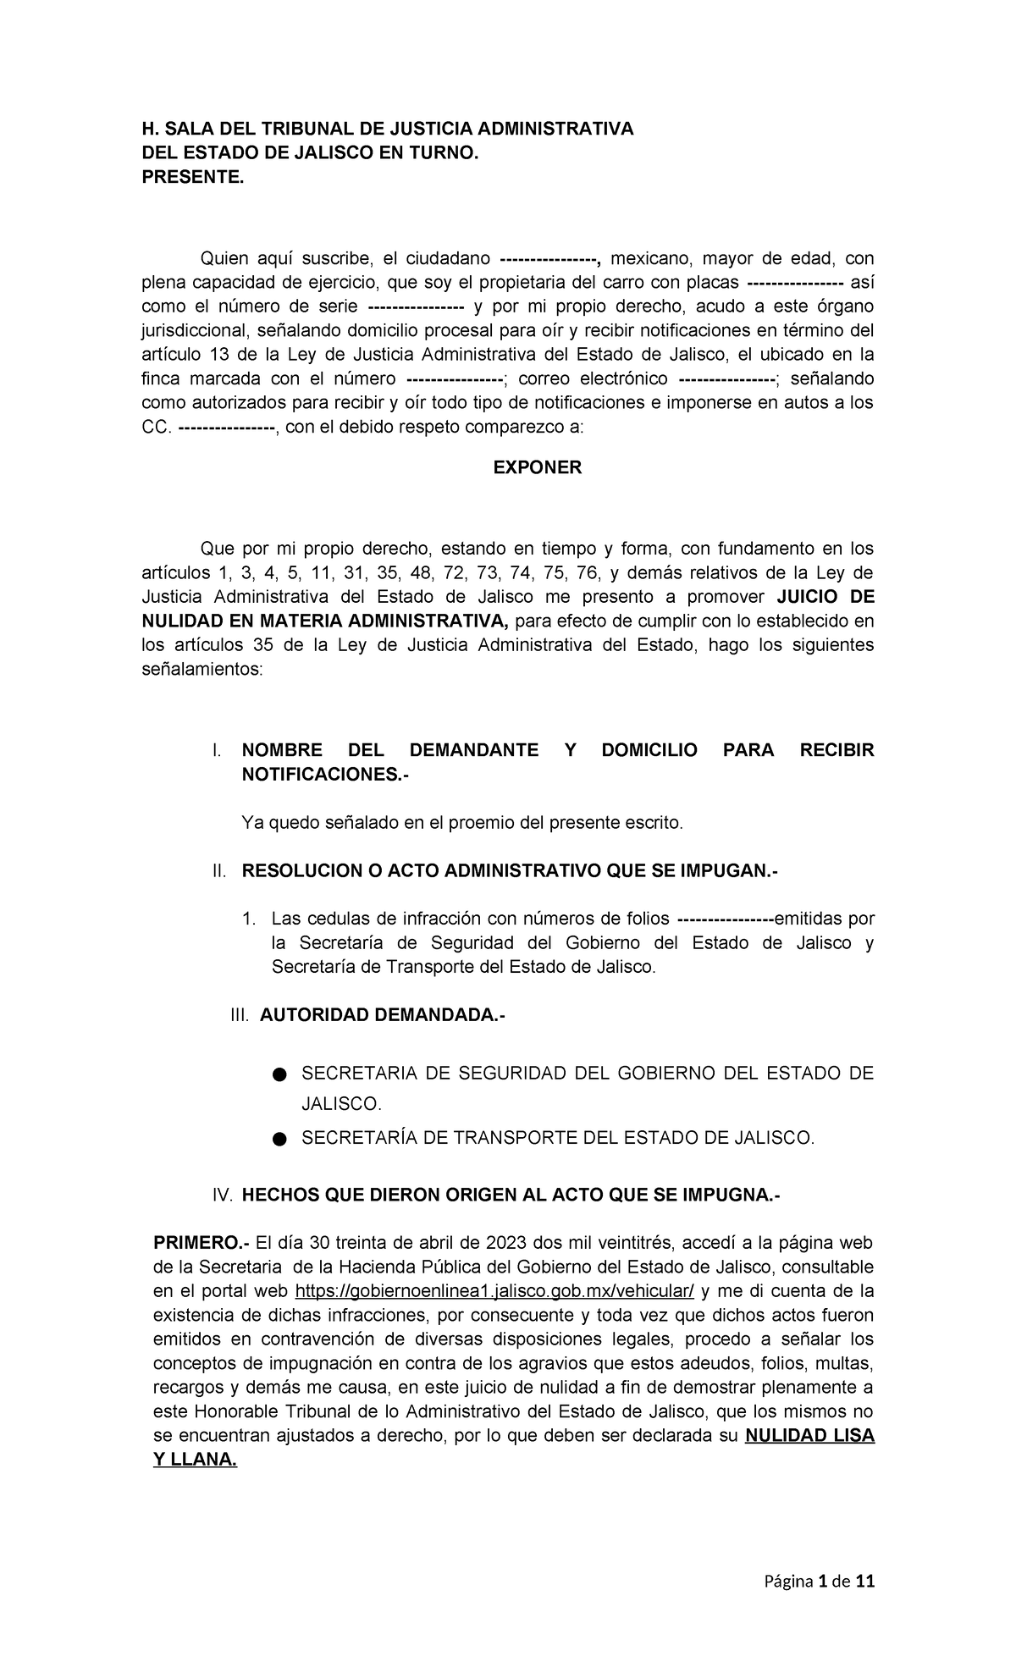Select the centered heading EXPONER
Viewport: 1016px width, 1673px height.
tap(538, 467)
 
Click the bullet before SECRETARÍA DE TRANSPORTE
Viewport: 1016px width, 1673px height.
tap(279, 1140)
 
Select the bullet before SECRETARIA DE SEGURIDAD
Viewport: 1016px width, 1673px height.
tap(279, 1075)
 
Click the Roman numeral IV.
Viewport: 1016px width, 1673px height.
tap(222, 1195)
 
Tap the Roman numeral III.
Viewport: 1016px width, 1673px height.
tap(240, 1015)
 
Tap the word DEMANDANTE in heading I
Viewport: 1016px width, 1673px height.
tap(473, 750)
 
